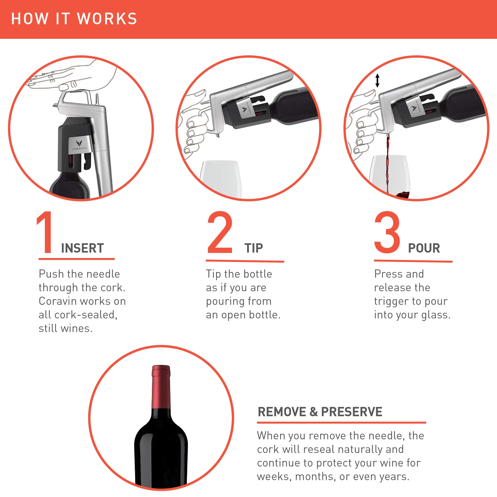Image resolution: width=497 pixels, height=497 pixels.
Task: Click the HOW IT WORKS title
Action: coord(74,19)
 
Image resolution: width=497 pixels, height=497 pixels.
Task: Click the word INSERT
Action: coord(82,248)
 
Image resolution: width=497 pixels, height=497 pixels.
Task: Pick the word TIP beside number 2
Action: coord(254,248)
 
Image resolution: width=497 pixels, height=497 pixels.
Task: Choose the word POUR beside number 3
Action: coord(424,248)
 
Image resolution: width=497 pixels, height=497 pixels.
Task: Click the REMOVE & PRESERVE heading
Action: coord(320,412)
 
